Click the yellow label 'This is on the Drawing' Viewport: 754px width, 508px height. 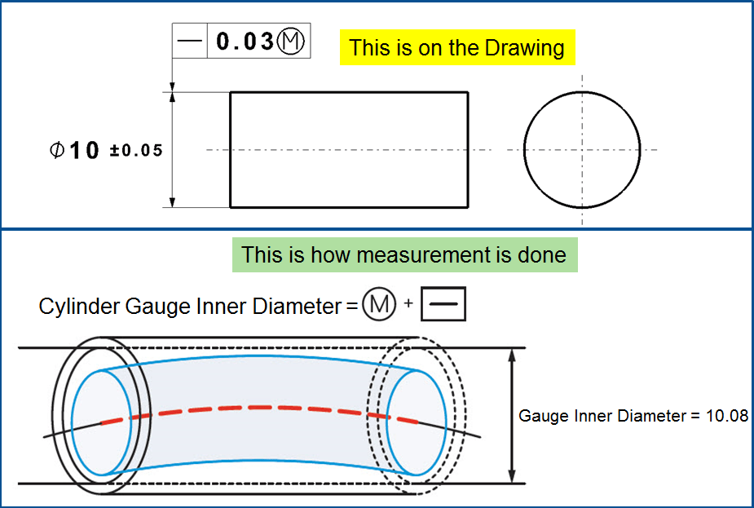point(456,47)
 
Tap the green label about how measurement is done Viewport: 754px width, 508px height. point(403,254)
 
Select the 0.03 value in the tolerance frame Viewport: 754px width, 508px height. point(244,42)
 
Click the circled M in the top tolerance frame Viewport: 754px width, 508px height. point(293,42)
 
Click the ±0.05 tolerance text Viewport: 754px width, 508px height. point(136,151)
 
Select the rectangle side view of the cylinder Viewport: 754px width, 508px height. point(349,150)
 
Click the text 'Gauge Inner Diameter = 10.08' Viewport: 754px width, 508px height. point(633,416)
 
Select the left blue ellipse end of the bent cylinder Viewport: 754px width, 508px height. point(101,422)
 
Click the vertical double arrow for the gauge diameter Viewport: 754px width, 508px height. point(512,416)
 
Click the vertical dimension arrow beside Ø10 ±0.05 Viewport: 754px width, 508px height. point(173,150)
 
